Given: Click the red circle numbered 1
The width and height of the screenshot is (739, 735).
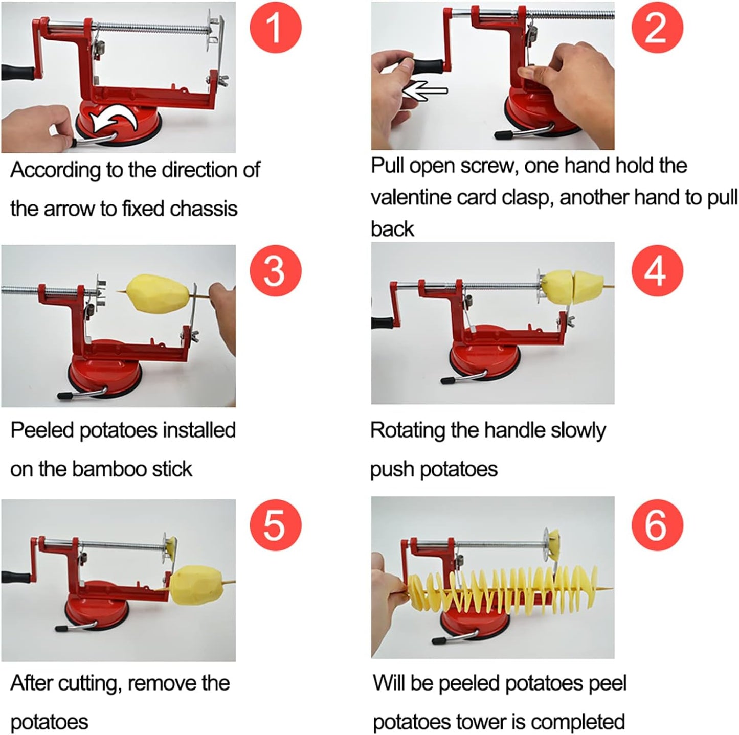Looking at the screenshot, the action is (276, 27).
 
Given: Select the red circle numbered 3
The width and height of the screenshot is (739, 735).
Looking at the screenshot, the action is (276, 270).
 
